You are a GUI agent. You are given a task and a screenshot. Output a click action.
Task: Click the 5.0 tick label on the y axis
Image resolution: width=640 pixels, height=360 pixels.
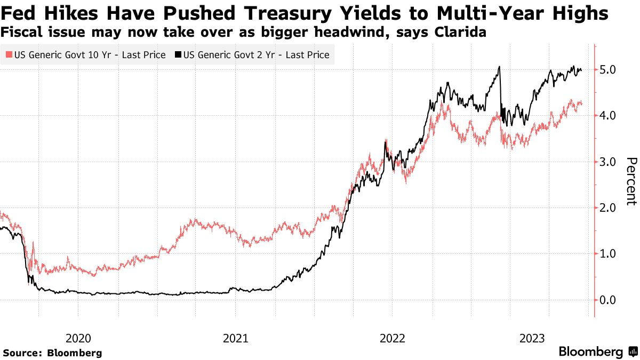click(609, 69)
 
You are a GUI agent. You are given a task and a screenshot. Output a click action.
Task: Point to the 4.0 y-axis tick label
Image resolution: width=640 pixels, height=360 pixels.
click(609, 115)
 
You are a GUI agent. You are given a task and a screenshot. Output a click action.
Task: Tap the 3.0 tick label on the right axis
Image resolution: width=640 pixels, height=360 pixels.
click(609, 162)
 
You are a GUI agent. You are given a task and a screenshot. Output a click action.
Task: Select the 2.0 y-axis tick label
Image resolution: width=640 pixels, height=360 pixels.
click(609, 207)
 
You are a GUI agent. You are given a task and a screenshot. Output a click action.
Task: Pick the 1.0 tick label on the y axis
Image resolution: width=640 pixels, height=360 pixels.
click(609, 253)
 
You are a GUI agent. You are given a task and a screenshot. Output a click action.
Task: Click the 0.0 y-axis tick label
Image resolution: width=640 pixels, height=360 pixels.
click(609, 300)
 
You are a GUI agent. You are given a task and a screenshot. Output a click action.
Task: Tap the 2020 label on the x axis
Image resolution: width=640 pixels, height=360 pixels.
click(78, 338)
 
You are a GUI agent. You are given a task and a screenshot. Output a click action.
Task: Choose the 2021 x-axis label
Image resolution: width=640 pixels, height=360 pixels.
click(236, 338)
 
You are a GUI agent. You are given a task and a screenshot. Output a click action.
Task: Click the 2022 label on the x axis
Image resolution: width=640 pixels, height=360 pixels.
click(393, 338)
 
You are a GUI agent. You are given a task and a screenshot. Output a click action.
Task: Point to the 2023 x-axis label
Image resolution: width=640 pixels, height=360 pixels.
click(532, 338)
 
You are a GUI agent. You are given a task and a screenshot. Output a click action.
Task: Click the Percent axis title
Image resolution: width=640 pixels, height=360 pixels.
click(631, 181)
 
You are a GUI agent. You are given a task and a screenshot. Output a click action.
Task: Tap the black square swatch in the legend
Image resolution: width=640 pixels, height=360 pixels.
click(178, 55)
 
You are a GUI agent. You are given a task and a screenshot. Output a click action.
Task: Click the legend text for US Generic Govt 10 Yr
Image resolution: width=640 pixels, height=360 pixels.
click(89, 55)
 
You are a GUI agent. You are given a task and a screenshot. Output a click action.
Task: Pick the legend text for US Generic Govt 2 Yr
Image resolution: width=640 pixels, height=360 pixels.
click(256, 55)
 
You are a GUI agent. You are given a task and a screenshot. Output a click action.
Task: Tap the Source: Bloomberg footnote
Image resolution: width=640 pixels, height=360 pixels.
click(52, 353)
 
